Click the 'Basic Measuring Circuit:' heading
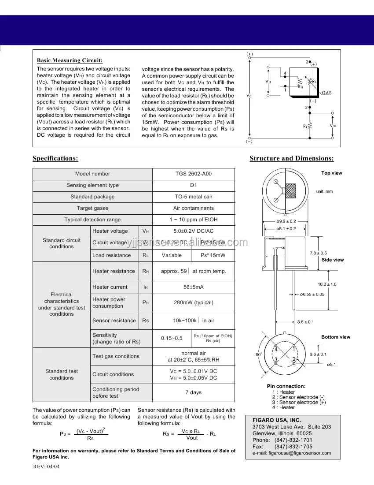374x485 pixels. pos(70,60)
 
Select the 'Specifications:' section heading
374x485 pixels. pos(55,158)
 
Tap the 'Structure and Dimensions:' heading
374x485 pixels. pos(291,158)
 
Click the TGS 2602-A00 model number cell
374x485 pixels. pos(194,174)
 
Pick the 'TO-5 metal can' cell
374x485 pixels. pos(194,197)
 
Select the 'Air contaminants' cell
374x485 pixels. pos(194,208)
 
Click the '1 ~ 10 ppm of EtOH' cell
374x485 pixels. pos(194,220)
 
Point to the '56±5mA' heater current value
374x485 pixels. pos(194,287)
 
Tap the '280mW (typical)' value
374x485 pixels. pos(194,302)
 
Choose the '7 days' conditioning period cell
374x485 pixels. pos(194,392)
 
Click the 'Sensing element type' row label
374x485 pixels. pos(92,185)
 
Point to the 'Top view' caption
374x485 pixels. pos(331,173)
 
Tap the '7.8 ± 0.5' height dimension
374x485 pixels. pos(318,253)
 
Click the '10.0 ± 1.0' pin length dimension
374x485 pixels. pos(327,284)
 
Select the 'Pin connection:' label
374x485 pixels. pos(286,386)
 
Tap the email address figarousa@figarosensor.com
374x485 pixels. pos(292,453)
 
